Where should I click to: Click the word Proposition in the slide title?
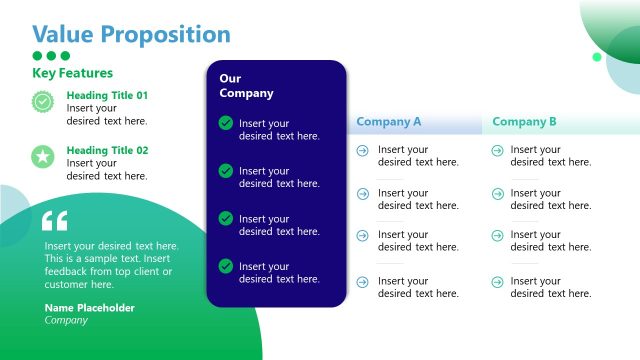point(171,34)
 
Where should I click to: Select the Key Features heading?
point(72,73)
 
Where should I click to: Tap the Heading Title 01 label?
point(107,96)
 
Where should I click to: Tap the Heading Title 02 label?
point(107,150)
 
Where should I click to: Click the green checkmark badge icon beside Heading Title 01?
point(42,101)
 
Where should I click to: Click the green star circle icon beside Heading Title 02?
point(42,156)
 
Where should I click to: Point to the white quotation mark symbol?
point(55,221)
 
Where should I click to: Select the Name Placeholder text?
point(89,308)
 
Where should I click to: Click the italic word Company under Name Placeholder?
point(66,321)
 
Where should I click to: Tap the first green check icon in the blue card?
point(226,123)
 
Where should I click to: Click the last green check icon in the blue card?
point(226,266)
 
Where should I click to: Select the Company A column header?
point(389,122)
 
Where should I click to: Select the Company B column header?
point(525,122)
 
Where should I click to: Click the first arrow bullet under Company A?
point(362,150)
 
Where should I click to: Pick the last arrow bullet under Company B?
point(497,282)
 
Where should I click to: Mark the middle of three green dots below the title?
point(52,56)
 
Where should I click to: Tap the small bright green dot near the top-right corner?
point(597,57)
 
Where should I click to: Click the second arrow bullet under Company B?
point(497,194)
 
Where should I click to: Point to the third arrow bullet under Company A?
point(362,236)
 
